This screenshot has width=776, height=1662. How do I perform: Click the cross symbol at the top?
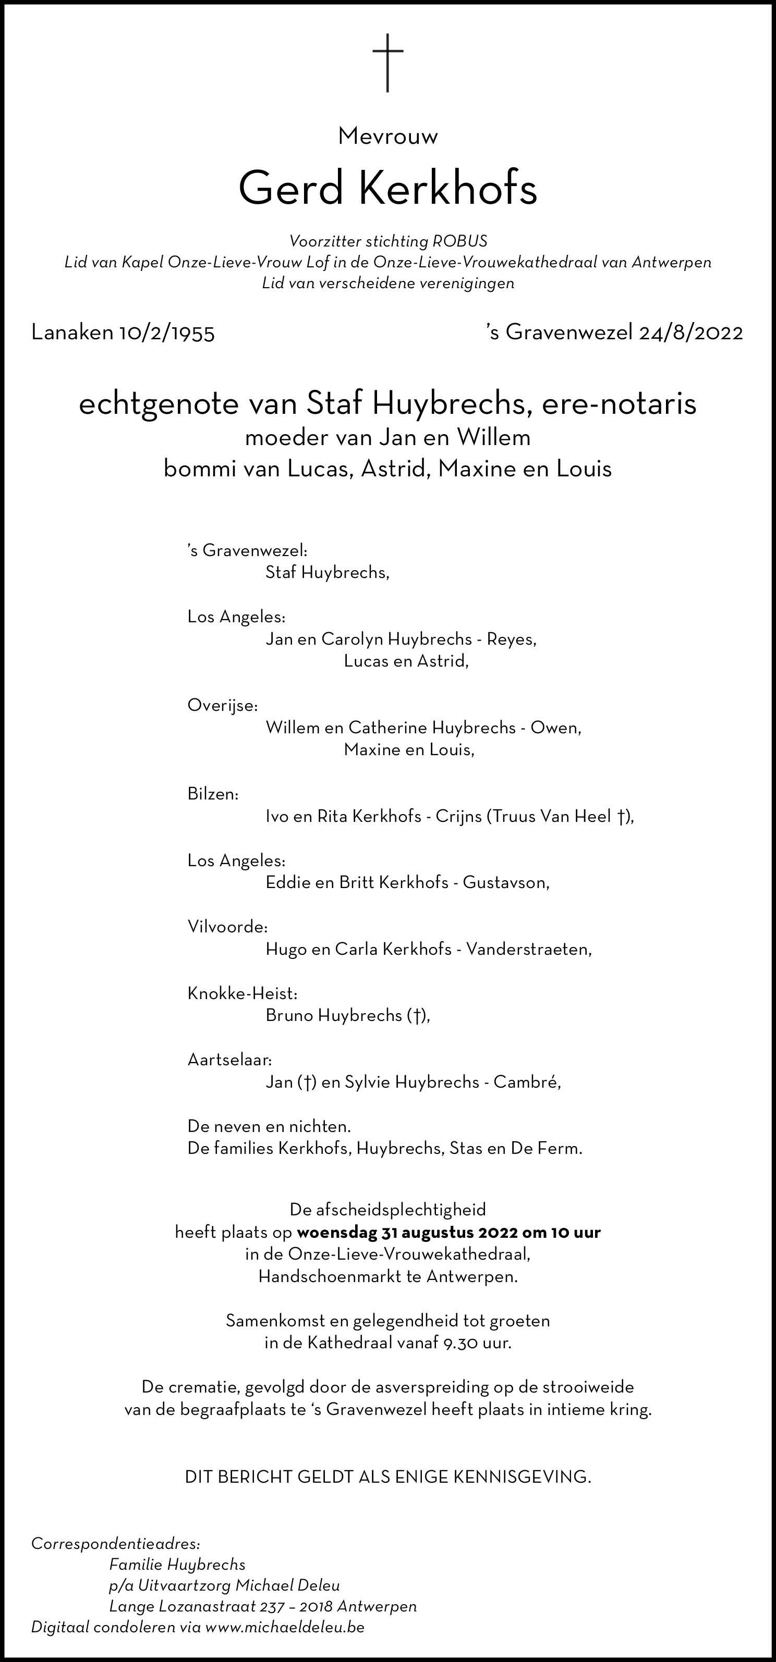pyautogui.click(x=388, y=63)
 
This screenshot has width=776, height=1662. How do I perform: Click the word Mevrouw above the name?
pyautogui.click(x=388, y=136)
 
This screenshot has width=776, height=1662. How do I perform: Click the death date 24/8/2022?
pyautogui.click(x=691, y=333)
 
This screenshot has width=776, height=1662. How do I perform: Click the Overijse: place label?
pyautogui.click(x=223, y=706)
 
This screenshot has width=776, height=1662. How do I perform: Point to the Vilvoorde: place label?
pyautogui.click(x=227, y=927)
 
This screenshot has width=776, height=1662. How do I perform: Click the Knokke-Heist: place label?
pyautogui.click(x=242, y=993)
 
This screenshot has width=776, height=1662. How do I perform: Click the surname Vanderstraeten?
pyautogui.click(x=528, y=949)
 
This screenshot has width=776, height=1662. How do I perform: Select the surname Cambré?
pyautogui.click(x=527, y=1082)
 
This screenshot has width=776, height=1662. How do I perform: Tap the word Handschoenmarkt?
pyautogui.click(x=329, y=1277)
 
